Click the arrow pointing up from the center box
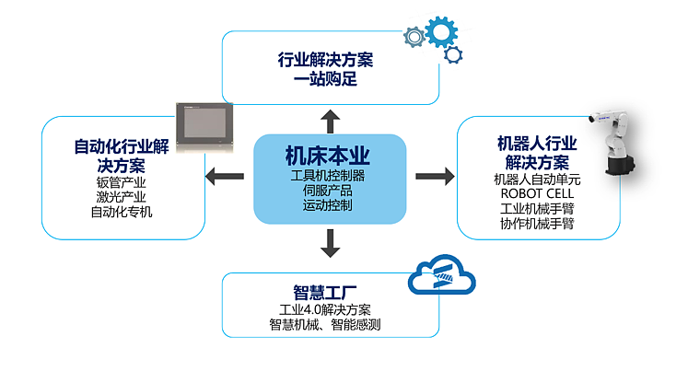(x=329, y=119)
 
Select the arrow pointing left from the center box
(x=225, y=176)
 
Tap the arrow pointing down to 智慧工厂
(x=329, y=242)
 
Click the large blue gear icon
(x=442, y=33)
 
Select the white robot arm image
(x=619, y=143)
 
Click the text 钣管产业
(x=122, y=181)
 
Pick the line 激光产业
(x=122, y=196)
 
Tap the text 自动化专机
(x=122, y=212)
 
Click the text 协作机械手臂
(x=537, y=224)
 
